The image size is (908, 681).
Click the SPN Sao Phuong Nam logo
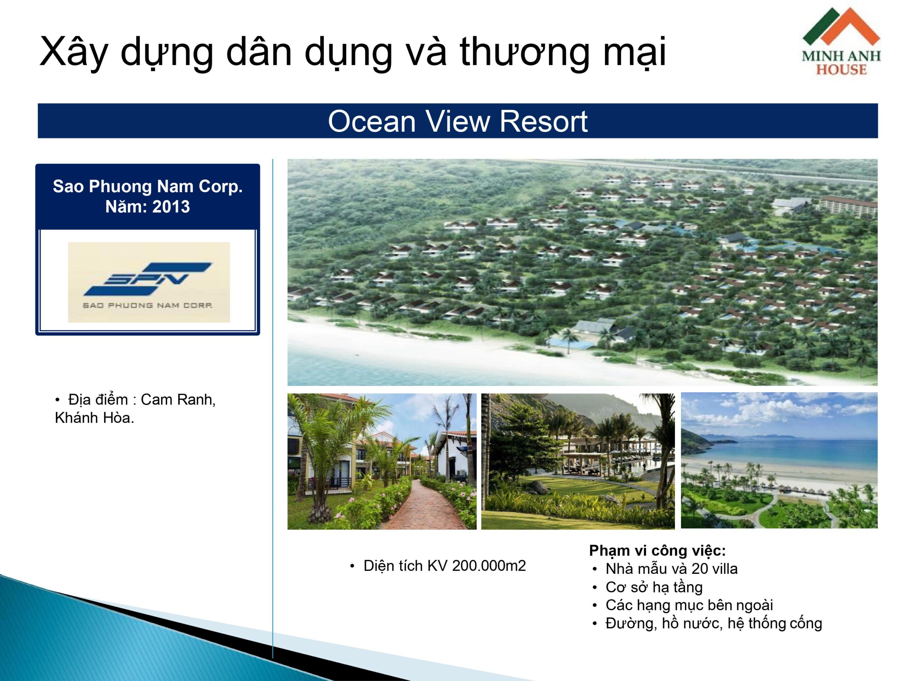coord(149,282)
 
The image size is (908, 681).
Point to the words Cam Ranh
coord(178,399)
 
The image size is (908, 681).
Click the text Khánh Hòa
coord(94,418)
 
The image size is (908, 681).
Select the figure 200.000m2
coord(489,566)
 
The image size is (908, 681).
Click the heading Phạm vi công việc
coord(658,551)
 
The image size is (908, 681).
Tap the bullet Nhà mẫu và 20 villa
coord(671,569)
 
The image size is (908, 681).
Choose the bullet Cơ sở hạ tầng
coord(654,587)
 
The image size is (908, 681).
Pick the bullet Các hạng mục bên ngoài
coord(689,605)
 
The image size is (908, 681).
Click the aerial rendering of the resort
coord(582,272)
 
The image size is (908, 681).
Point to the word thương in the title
coord(527,52)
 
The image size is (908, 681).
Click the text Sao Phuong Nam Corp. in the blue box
coord(148,186)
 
